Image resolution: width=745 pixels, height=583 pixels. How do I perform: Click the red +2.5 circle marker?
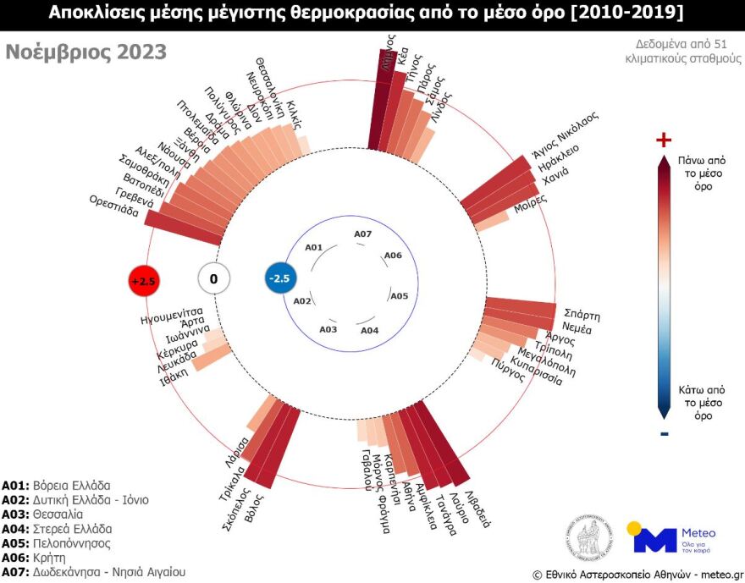(143, 281)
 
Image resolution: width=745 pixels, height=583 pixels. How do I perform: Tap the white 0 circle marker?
(213, 278)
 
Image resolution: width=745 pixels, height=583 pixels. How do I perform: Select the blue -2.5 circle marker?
(279, 278)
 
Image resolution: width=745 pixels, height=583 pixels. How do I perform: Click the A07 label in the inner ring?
(362, 234)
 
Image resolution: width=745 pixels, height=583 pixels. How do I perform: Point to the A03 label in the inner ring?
(328, 328)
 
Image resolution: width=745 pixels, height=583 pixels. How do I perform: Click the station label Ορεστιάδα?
(113, 206)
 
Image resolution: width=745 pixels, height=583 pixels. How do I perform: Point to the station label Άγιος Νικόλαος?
(565, 134)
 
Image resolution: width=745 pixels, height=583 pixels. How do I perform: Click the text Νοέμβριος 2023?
(86, 52)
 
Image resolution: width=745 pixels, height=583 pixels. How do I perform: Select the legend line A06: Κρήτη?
(40, 558)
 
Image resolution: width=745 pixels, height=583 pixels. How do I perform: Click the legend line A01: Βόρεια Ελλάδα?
(56, 486)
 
